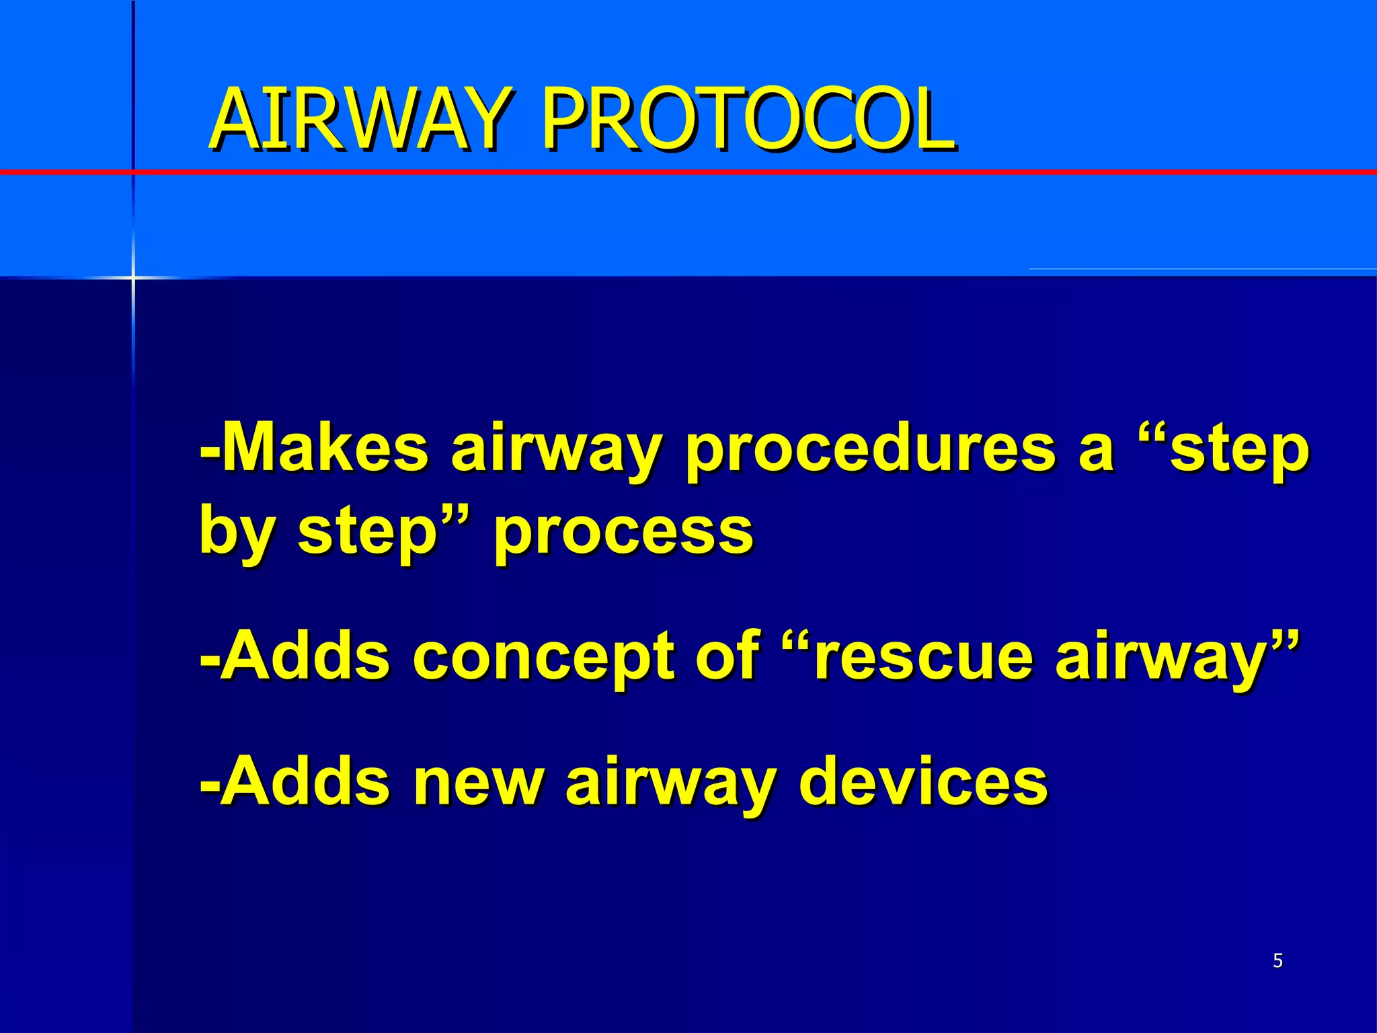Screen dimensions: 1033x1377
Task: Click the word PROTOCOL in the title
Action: click(748, 120)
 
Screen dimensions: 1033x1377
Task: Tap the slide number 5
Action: click(1277, 961)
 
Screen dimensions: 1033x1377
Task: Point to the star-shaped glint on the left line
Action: click(132, 276)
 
